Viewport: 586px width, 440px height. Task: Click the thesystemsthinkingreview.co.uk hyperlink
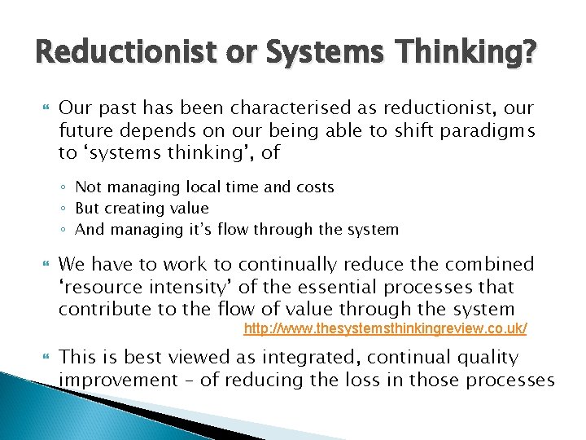click(386, 328)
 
